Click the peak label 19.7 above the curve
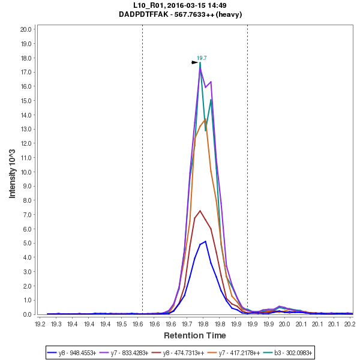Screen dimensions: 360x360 point(202,58)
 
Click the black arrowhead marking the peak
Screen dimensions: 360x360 point(194,62)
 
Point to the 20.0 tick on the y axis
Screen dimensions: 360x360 point(26,29)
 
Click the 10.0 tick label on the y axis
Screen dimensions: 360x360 point(26,172)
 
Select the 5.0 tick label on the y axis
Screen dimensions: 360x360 point(28,243)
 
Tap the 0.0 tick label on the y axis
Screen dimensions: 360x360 point(28,314)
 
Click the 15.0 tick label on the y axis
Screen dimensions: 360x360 point(26,100)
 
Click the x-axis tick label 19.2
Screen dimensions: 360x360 point(40,324)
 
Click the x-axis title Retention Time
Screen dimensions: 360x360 point(195,335)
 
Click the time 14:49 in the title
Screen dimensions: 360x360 point(217,5)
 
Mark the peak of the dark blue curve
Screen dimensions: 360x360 point(205,241)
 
